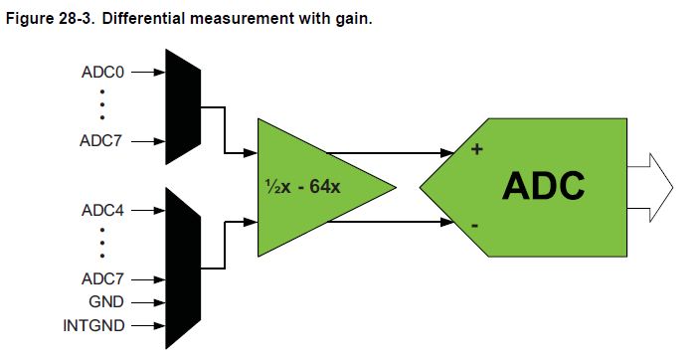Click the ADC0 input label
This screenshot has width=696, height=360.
point(103,72)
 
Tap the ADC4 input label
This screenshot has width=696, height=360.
point(103,210)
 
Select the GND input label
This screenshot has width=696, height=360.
point(106,302)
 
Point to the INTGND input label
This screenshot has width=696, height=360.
point(93,325)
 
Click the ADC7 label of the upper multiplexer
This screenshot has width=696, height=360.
point(100,141)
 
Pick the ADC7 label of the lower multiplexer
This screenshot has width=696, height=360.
point(102,279)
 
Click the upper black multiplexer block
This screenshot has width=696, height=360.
point(183,106)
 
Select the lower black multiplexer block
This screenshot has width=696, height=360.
point(183,269)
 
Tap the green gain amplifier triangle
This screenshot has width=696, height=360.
point(310,187)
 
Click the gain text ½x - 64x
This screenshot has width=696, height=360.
point(302,186)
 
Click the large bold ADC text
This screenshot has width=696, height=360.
point(543,186)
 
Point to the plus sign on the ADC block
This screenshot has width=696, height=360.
point(476,149)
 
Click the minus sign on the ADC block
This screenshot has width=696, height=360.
point(474,226)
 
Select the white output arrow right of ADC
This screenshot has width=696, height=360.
point(650,187)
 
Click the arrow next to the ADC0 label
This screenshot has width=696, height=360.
point(148,72)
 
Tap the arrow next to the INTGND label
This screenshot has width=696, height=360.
point(148,326)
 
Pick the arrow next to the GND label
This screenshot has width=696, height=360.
point(148,302)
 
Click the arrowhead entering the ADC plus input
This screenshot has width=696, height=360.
point(448,153)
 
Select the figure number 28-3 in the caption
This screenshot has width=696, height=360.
point(76,19)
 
